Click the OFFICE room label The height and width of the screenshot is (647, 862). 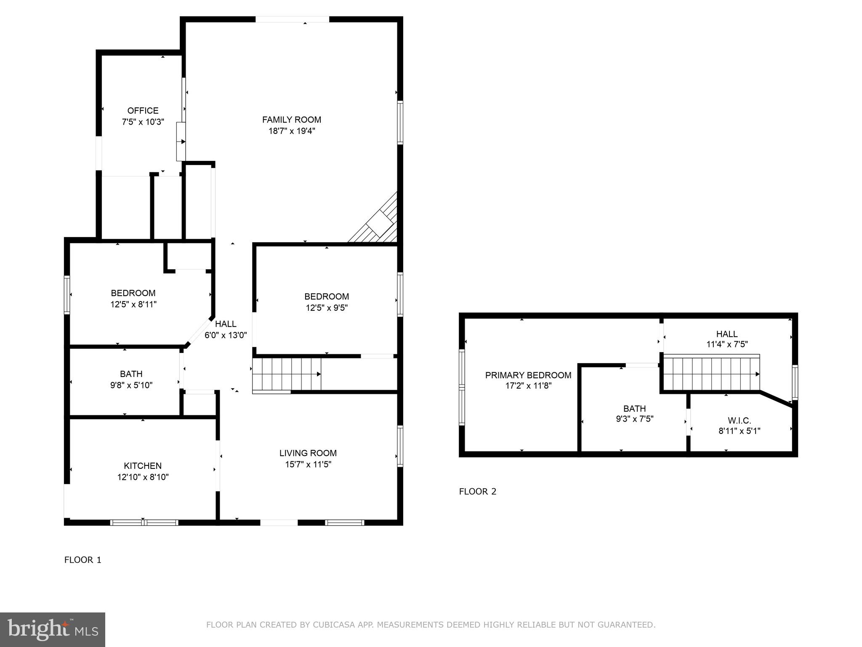(x=143, y=111)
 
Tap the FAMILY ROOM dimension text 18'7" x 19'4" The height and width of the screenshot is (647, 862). (x=292, y=131)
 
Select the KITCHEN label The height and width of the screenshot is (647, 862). (x=143, y=465)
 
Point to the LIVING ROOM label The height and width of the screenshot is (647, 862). (x=308, y=453)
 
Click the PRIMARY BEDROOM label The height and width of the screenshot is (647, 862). (x=528, y=375)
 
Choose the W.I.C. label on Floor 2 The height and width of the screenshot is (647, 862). (x=739, y=420)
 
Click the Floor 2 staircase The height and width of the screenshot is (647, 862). (x=711, y=374)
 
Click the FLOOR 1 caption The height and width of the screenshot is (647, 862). (x=83, y=560)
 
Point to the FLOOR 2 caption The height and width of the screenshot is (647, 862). (x=478, y=491)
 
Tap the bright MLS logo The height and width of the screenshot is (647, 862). (x=53, y=629)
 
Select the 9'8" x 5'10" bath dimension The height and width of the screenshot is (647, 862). (x=131, y=385)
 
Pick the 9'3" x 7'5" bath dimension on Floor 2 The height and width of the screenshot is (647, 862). (x=634, y=419)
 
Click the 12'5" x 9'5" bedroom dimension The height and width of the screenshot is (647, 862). (x=327, y=308)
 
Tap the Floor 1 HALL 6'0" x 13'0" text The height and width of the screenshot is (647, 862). (x=226, y=335)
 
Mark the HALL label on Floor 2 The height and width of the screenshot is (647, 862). (x=727, y=334)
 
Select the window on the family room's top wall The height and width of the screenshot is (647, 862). (x=292, y=19)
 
